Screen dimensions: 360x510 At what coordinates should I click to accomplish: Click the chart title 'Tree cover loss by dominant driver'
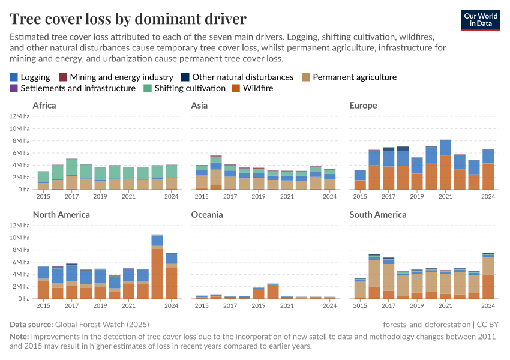[128, 17]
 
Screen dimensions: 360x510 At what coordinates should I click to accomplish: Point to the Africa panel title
[44, 106]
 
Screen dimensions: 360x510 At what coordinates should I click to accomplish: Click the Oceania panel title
[206, 214]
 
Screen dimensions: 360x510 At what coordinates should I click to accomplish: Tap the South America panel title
[378, 214]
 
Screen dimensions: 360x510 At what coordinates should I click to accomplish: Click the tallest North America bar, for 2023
[157, 267]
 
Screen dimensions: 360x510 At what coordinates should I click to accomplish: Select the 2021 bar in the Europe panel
[445, 165]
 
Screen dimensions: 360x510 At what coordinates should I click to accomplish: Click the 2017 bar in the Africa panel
[71, 175]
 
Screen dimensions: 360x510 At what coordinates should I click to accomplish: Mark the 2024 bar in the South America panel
[488, 276]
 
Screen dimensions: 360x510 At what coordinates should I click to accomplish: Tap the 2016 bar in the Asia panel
[216, 173]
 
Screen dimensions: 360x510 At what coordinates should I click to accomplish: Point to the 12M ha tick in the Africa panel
[19, 115]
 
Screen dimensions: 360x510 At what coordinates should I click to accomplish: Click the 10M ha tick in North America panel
[19, 237]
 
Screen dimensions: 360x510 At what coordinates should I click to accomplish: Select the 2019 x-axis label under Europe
[416, 196]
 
